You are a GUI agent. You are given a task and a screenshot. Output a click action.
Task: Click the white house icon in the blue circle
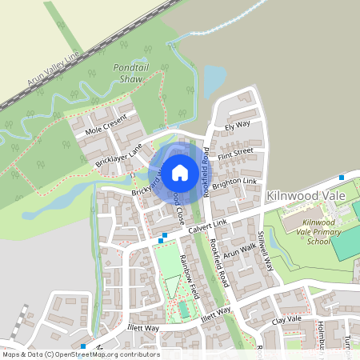tap(180, 171)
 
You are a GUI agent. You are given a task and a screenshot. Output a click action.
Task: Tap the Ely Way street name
tap(238, 126)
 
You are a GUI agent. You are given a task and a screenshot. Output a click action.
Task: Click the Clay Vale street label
tap(286, 319)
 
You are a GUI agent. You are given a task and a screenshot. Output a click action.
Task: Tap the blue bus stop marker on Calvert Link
tap(163, 237)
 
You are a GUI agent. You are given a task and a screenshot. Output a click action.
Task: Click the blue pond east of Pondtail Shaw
tap(214, 81)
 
